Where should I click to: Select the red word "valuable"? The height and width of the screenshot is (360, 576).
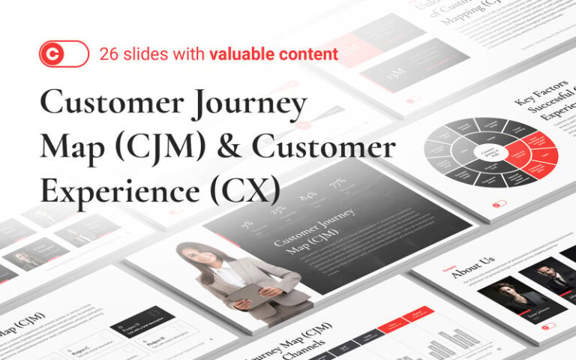[240, 54]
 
